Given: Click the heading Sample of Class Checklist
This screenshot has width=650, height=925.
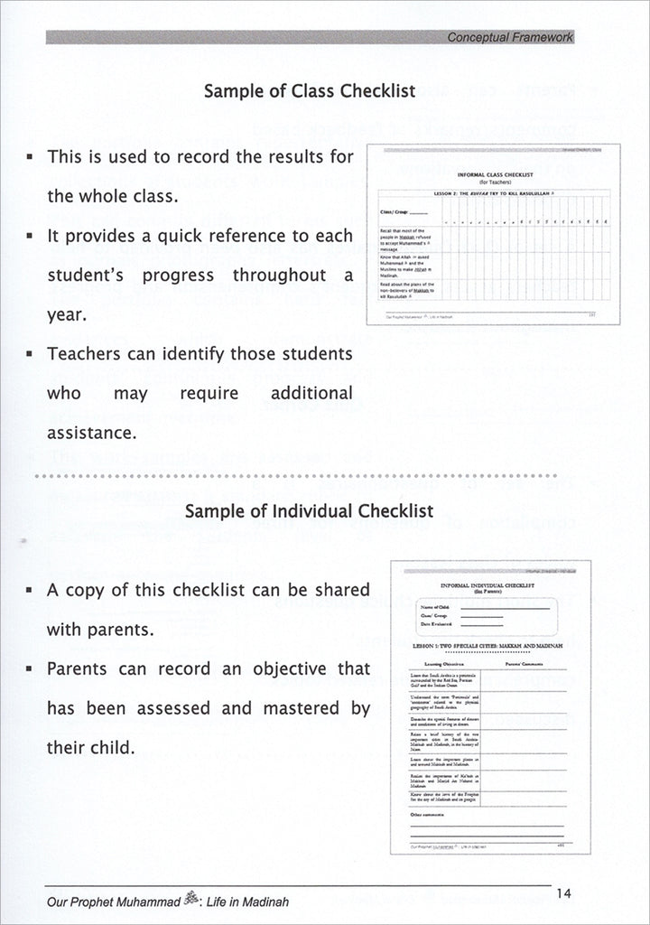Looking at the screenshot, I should tap(310, 91).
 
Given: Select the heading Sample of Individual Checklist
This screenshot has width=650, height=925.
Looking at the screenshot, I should tap(309, 510).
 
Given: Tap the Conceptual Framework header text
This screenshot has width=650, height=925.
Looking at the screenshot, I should tap(511, 36).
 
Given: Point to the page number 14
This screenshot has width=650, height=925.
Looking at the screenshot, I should tap(565, 894).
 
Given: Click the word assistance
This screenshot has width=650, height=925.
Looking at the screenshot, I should tap(92, 433).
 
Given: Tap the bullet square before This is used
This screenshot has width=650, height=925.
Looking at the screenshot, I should tap(30, 157).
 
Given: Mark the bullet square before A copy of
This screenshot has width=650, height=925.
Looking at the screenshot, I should tap(30, 591).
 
